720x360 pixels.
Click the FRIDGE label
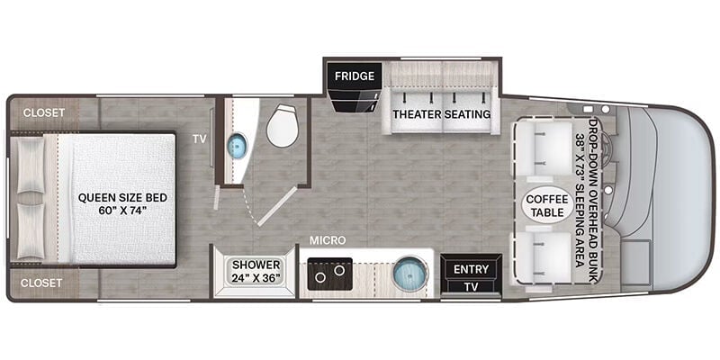pyautogui.click(x=354, y=76)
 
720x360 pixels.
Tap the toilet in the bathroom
pyautogui.click(x=283, y=125)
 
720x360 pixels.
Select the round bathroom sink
pyautogui.click(x=238, y=146)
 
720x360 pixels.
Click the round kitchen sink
pyautogui.click(x=409, y=274)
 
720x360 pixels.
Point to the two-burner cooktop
pyautogui.click(x=329, y=274)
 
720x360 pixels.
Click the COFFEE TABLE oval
pyautogui.click(x=544, y=205)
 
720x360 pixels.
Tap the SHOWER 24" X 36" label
pyautogui.click(x=256, y=272)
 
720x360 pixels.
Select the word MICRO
pyautogui.click(x=328, y=240)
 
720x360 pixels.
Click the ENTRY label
pyautogui.click(x=471, y=269)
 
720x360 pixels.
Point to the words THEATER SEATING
pyautogui.click(x=441, y=114)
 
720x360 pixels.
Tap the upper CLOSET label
pyautogui.click(x=43, y=112)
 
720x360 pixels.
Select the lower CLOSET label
pyautogui.click(x=41, y=283)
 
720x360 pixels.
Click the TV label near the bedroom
pyautogui.click(x=199, y=139)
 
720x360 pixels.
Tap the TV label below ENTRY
pyautogui.click(x=471, y=287)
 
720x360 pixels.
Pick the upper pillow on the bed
pyautogui.click(x=31, y=166)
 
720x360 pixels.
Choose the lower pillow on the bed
pyautogui.click(x=31, y=231)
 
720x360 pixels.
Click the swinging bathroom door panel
pyautogui.click(x=277, y=206)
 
